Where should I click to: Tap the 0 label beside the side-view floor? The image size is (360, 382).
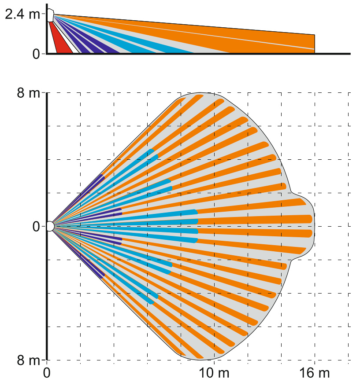pyautogui.click(x=36, y=54)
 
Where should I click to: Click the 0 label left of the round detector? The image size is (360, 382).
pyautogui.click(x=36, y=226)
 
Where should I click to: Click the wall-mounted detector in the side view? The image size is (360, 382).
pyautogui.click(x=50, y=15)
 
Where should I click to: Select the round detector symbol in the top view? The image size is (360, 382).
pyautogui.click(x=50, y=226)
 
